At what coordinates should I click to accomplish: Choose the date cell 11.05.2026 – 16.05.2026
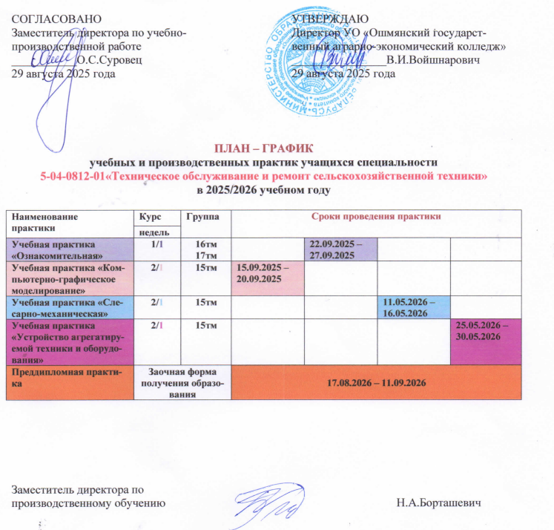412,307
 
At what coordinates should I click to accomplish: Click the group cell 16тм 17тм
205,249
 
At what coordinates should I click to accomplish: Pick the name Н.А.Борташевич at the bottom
445,503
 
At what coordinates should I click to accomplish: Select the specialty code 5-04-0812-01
73,177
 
